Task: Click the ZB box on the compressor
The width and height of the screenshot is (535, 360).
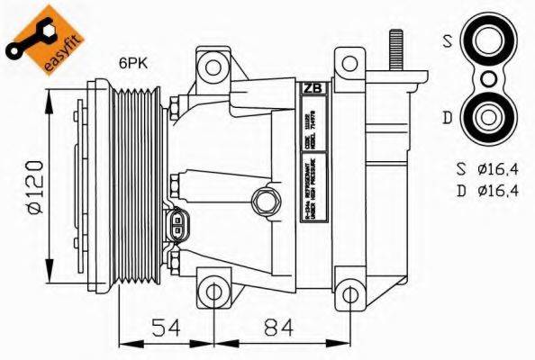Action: (x=312, y=88)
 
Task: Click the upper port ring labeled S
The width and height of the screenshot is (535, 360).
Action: (x=489, y=41)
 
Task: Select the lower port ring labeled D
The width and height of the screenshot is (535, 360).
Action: (x=489, y=116)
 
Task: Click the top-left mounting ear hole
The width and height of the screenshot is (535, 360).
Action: (x=213, y=67)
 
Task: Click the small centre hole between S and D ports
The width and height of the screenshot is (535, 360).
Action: (x=489, y=79)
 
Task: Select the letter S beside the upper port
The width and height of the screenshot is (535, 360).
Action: (x=447, y=40)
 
